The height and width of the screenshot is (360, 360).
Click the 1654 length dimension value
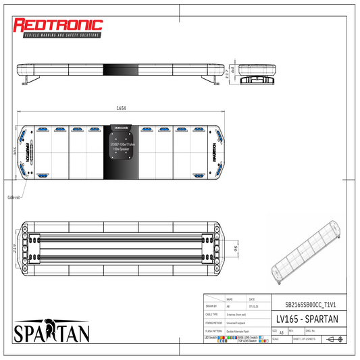pyautogui.click(x=121, y=108)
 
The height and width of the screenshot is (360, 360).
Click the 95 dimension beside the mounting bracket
pyautogui.click(x=234, y=248)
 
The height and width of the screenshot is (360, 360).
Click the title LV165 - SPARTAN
pyautogui.click(x=307, y=318)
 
